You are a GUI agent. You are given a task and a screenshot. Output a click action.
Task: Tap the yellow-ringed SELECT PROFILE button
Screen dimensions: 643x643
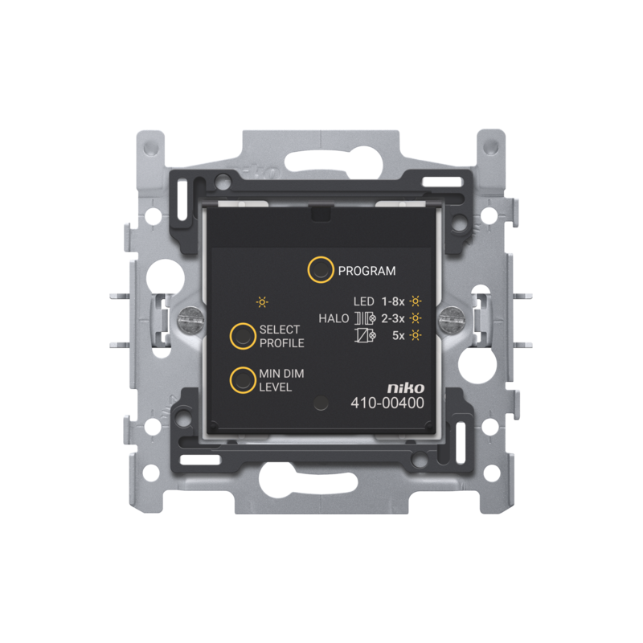click(243, 336)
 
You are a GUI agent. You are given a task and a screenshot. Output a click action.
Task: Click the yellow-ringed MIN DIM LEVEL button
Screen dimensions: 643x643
click(243, 380)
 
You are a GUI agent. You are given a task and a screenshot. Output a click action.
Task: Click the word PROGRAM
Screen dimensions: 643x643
click(367, 271)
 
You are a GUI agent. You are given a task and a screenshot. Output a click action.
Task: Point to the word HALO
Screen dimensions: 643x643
click(334, 318)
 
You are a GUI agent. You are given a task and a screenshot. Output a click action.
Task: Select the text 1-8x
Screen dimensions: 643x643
click(393, 302)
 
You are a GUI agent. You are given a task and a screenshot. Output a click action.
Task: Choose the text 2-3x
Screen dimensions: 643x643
click(393, 318)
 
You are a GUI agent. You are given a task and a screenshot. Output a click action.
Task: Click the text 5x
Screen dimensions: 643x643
click(398, 335)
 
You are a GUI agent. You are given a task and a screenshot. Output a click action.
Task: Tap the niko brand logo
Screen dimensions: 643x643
click(406, 387)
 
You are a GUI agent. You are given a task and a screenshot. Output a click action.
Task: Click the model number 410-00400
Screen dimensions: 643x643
click(387, 403)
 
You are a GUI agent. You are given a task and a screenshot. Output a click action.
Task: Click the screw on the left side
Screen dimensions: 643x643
click(191, 319)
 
